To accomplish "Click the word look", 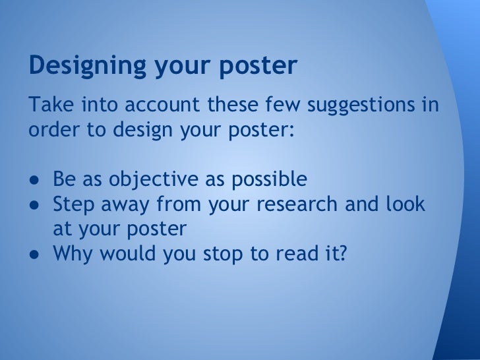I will (x=404, y=204).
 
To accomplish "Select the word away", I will (x=125, y=204).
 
